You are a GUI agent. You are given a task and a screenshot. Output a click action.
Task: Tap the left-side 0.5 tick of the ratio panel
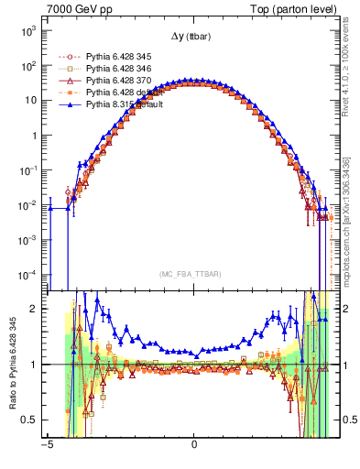(x=29, y=420)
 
